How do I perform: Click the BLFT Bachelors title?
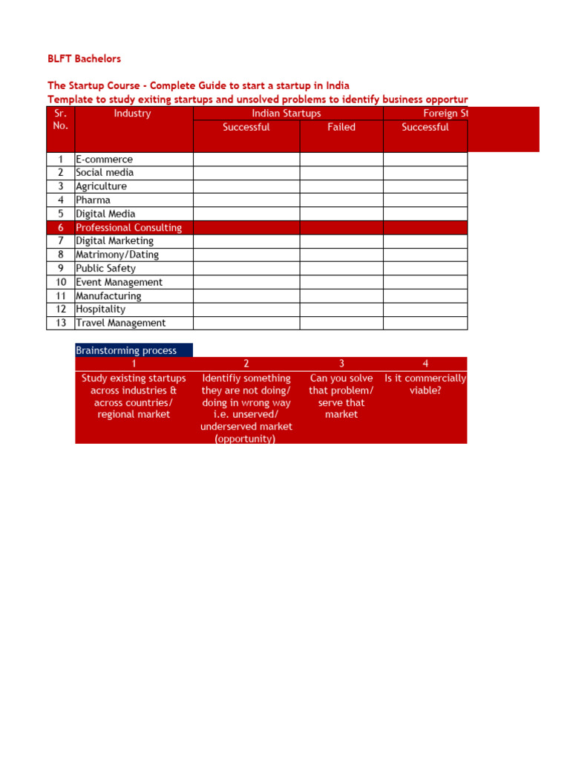(x=84, y=59)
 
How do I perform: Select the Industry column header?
(x=132, y=114)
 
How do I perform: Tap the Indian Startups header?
(x=286, y=114)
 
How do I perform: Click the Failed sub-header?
(x=341, y=127)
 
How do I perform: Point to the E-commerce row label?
(x=104, y=160)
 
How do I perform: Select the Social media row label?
(x=105, y=173)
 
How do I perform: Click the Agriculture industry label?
(x=101, y=186)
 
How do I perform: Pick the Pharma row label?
(x=93, y=200)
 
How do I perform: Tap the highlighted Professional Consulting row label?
(x=128, y=228)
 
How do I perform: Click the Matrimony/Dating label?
(x=117, y=255)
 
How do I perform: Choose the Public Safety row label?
(x=105, y=269)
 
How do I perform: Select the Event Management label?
(x=119, y=282)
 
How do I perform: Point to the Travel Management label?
(x=120, y=323)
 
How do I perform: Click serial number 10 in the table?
(x=61, y=282)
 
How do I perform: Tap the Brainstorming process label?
(x=126, y=350)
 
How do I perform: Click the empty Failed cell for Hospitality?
(x=341, y=309)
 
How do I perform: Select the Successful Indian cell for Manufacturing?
(x=246, y=295)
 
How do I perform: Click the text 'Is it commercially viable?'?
(x=425, y=384)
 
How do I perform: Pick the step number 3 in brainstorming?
(x=341, y=364)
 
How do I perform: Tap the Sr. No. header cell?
(x=61, y=119)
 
